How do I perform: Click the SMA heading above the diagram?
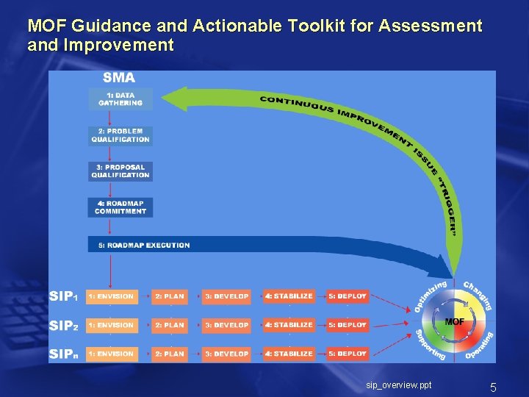tap(118, 77)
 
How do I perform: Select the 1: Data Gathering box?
tap(120, 99)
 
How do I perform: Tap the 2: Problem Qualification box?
tap(120, 135)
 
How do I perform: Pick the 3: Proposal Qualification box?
tap(120, 171)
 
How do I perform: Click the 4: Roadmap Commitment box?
tap(120, 207)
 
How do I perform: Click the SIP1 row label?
tap(63, 296)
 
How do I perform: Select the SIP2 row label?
tap(63, 325)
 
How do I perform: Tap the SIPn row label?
tap(63, 354)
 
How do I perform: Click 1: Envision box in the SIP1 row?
tap(111, 296)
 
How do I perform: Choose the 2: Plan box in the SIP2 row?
tap(170, 325)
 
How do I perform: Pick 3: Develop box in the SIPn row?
tap(226, 354)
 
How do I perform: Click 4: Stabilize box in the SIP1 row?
tap(289, 296)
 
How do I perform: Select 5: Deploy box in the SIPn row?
tap(348, 354)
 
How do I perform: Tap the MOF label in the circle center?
tap(455, 322)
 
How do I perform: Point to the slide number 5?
tap(494, 387)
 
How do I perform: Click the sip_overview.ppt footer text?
tap(399, 385)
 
